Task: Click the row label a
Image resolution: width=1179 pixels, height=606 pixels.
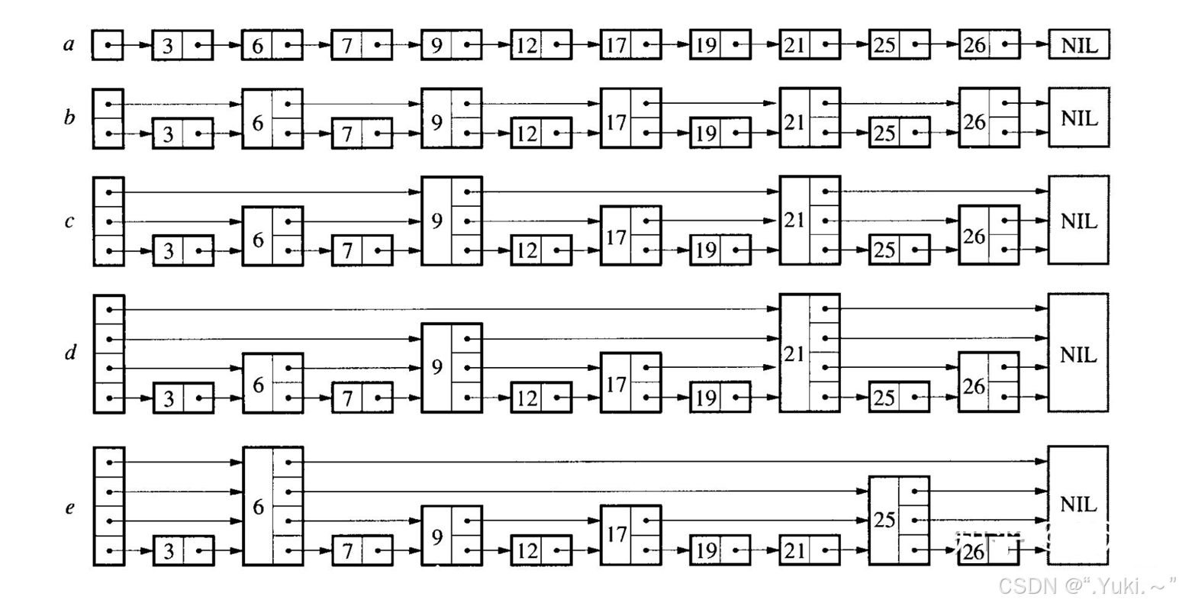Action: coord(69,44)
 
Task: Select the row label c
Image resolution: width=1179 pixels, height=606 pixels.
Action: coord(69,221)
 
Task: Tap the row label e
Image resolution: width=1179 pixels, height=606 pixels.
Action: coord(69,507)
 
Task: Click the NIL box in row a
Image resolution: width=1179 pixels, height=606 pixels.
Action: coord(1078,45)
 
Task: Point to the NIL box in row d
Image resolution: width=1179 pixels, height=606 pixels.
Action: coord(1078,353)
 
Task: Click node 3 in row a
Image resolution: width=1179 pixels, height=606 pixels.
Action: coord(182,45)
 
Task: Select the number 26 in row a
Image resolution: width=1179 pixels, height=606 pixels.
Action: coord(974,45)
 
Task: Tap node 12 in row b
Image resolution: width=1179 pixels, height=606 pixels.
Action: coord(541,134)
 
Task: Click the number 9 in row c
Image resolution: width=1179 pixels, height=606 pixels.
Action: coord(436,221)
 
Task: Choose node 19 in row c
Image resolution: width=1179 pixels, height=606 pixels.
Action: coord(720,250)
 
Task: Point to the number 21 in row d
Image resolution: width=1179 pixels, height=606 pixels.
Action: coord(794,353)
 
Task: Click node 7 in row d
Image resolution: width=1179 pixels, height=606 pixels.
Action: coord(362,398)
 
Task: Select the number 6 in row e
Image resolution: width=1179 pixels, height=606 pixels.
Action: coord(258,507)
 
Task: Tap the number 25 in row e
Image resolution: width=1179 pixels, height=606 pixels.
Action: coord(884,521)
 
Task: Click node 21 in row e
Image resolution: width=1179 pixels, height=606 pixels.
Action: coord(809,550)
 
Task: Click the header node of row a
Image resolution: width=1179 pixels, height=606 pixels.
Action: coord(108,45)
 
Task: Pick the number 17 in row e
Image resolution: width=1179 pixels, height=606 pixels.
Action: coord(616,535)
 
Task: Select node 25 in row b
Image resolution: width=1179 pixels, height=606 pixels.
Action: coord(899,134)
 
